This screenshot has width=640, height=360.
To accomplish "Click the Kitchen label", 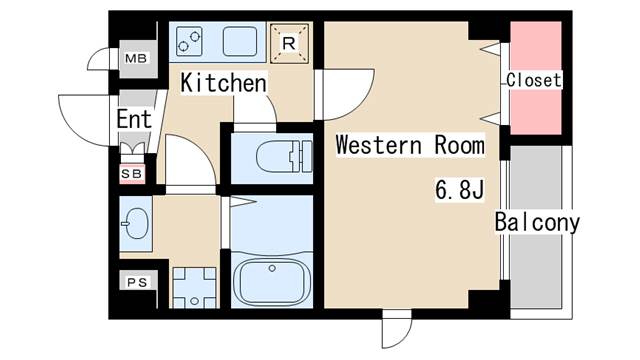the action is click(224, 83).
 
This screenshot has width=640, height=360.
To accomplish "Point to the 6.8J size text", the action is click(460, 189).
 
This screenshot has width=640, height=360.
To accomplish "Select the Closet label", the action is click(534, 80).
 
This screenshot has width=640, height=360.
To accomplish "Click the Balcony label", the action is click(537, 222).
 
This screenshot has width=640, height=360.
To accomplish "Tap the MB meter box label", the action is click(136, 58).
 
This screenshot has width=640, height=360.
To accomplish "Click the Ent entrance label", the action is click(134, 119).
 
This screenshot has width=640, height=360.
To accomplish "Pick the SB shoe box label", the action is click(131, 174).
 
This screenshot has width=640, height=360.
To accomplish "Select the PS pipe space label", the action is click(137, 282).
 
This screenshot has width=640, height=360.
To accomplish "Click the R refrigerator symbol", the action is click(289, 43).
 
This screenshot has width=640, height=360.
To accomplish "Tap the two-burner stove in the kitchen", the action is click(189, 41).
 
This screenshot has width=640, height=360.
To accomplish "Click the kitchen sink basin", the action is click(240, 41).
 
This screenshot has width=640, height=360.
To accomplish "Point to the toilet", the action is click(284, 156).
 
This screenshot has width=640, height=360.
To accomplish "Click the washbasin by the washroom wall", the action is click(135, 223).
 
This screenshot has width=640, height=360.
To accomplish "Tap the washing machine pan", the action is click(194, 288).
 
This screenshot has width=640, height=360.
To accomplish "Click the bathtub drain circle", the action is click(272, 268).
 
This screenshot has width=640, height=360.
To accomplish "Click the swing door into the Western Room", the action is click(345, 95).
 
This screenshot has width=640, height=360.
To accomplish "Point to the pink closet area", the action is click(536, 78).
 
